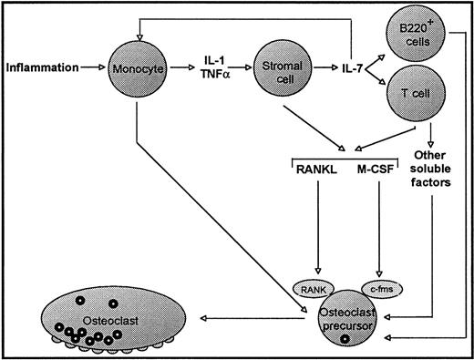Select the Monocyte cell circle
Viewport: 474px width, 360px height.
137,67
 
